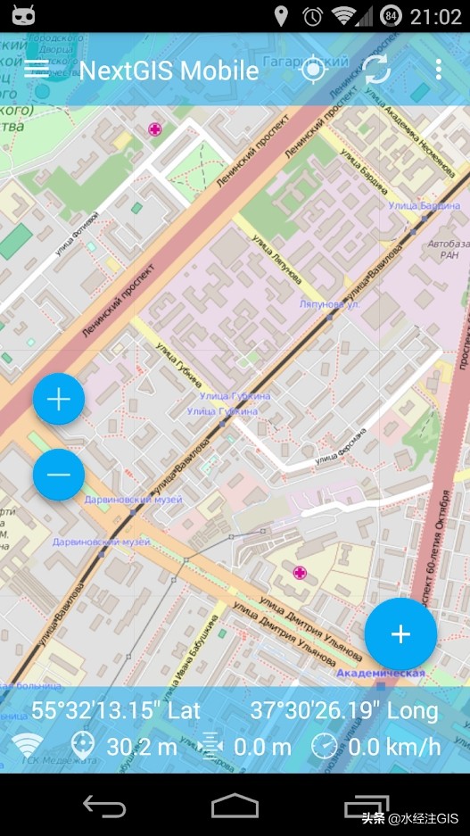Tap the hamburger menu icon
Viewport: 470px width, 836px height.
pos(37,69)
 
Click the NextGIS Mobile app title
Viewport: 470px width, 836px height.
pos(169,70)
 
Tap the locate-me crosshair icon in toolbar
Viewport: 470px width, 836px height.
pos(313,70)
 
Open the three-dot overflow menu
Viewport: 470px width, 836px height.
pos(439,70)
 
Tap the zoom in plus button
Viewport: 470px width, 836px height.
pos(59,400)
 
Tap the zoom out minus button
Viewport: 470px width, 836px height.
pos(59,475)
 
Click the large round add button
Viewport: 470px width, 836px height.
pos(400,634)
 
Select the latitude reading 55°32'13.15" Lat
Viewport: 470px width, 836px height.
pos(116,711)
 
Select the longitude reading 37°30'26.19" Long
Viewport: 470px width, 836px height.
pos(344,711)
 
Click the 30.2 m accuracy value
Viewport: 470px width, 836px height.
pos(142,747)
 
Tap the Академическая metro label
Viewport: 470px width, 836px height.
pos(382,674)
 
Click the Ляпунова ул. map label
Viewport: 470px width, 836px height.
pos(329,304)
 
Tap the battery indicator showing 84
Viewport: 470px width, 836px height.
pos(392,16)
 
